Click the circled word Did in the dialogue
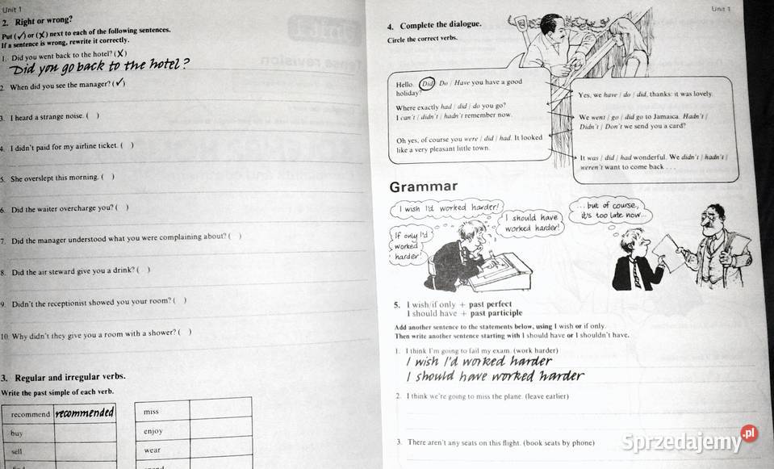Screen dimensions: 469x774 pyautogui.click(x=428, y=82)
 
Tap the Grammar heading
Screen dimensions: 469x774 pyautogui.click(x=424, y=187)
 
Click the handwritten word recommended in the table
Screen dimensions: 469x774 pyautogui.click(x=85, y=413)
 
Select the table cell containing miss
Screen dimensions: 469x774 pyautogui.click(x=162, y=411)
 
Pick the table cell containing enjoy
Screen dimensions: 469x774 pyautogui.click(x=162, y=431)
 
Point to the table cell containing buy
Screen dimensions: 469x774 pyautogui.click(x=28, y=433)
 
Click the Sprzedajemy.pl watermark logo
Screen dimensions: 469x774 pyautogui.click(x=690, y=440)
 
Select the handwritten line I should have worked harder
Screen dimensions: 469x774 pyautogui.click(x=495, y=376)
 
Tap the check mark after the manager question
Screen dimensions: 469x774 pyautogui.click(x=119, y=84)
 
